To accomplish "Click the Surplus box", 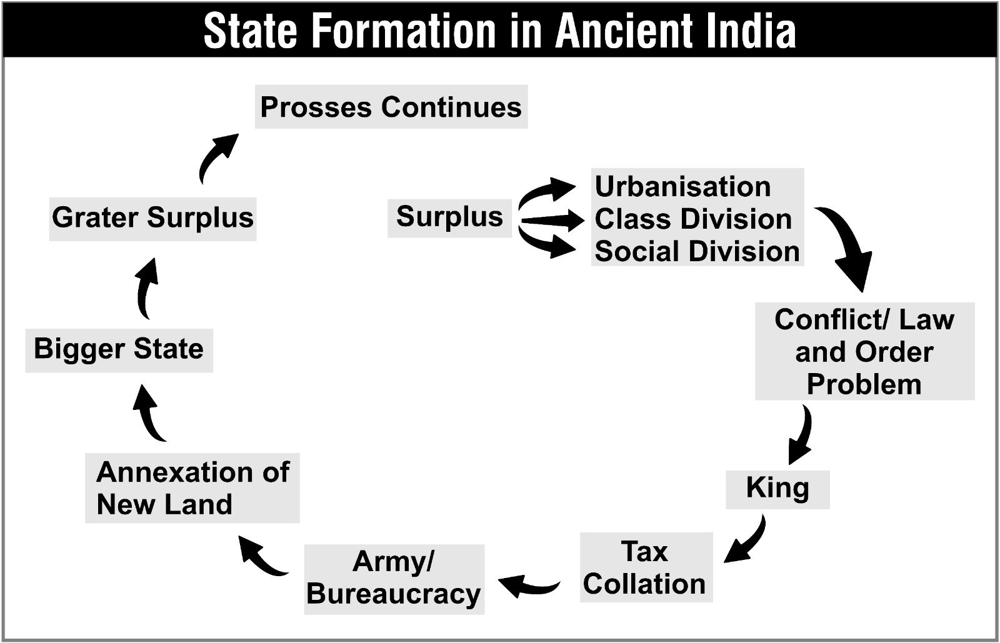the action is point(449,218).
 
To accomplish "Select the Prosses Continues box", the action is point(391,107).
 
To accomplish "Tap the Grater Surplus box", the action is point(152,219).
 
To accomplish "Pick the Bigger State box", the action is point(119,351).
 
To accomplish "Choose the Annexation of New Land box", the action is point(192,487).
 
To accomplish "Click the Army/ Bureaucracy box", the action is point(394,579).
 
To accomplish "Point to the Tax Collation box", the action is point(646,567).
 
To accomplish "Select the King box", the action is point(777,489).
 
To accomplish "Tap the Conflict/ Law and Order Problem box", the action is point(865,351).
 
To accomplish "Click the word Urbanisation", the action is point(682,186).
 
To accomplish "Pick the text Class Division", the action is point(693,219).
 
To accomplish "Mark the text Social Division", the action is point(697,251).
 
